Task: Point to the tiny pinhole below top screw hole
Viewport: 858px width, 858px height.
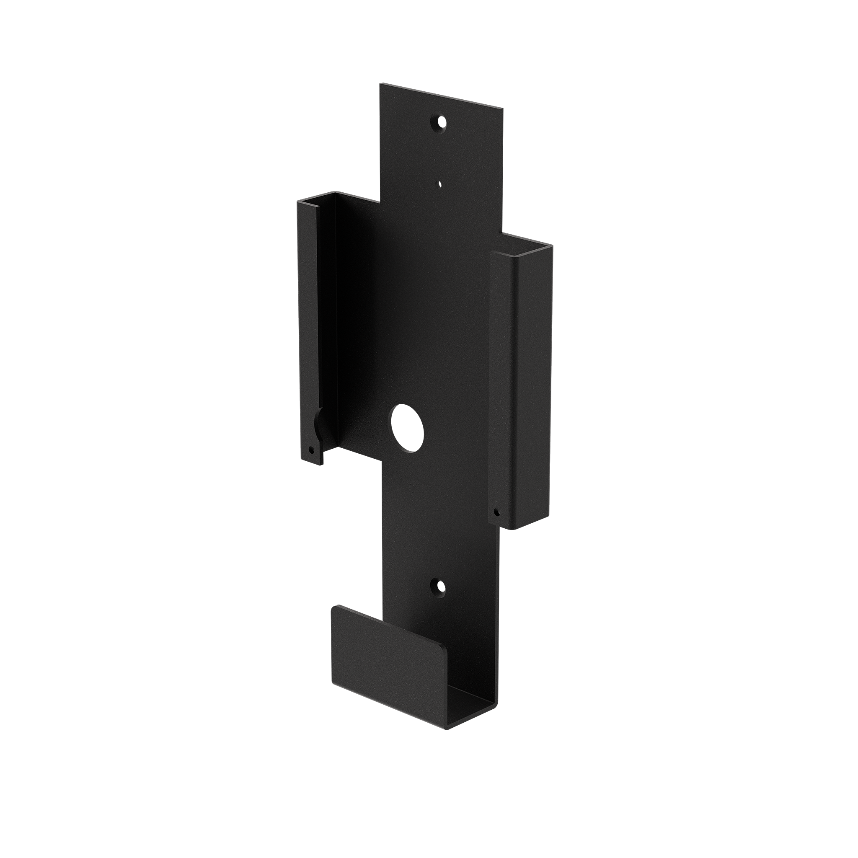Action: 439,183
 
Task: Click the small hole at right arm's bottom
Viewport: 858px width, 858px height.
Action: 497,512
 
